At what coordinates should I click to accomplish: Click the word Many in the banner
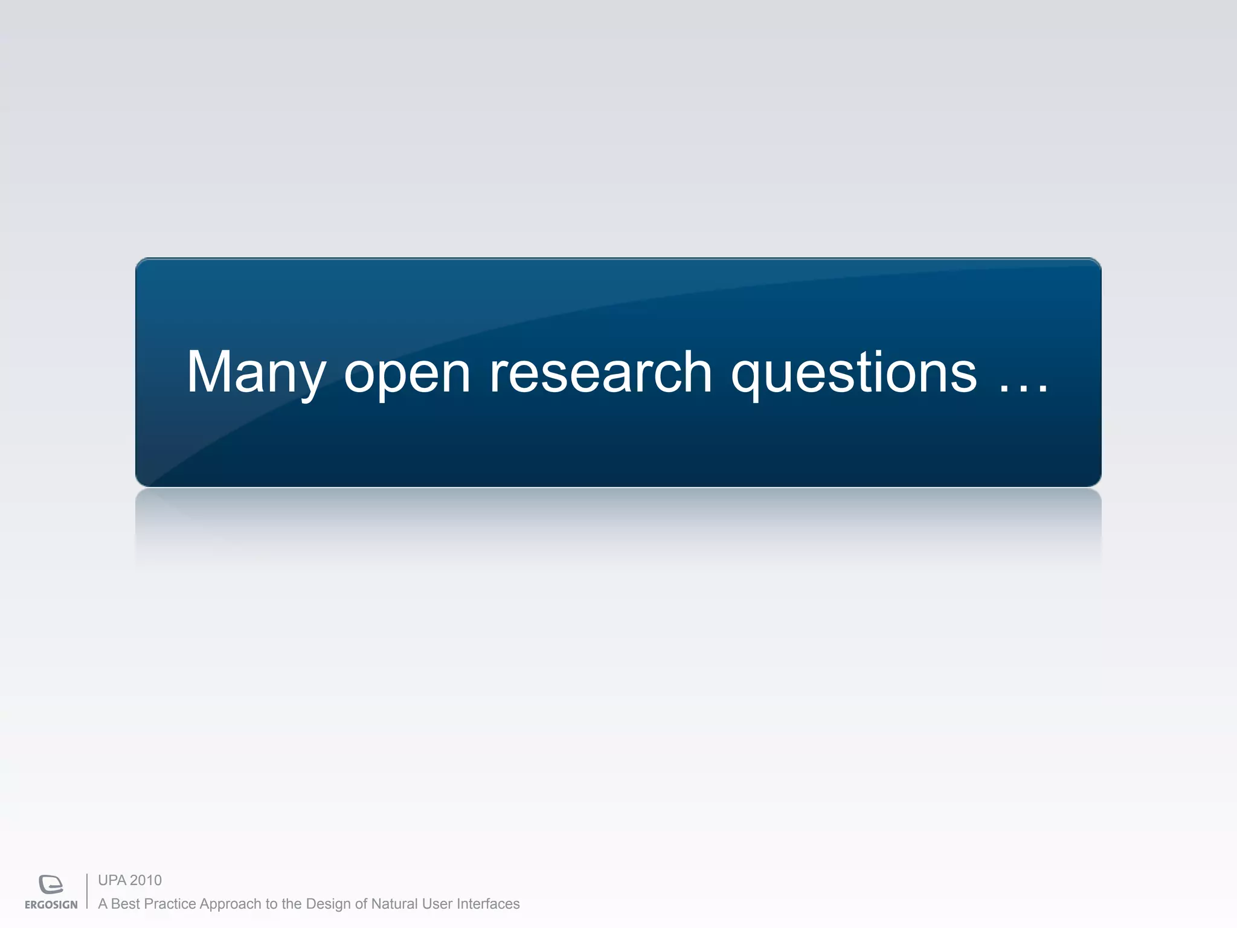256,373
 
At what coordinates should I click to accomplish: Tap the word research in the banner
600,372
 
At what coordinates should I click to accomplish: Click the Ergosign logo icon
51,884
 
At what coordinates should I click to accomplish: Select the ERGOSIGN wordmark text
51,904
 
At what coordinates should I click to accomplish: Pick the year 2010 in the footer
146,880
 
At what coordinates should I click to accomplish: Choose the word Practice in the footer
170,904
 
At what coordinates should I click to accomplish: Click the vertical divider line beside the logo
87,891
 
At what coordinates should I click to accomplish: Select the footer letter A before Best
103,904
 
